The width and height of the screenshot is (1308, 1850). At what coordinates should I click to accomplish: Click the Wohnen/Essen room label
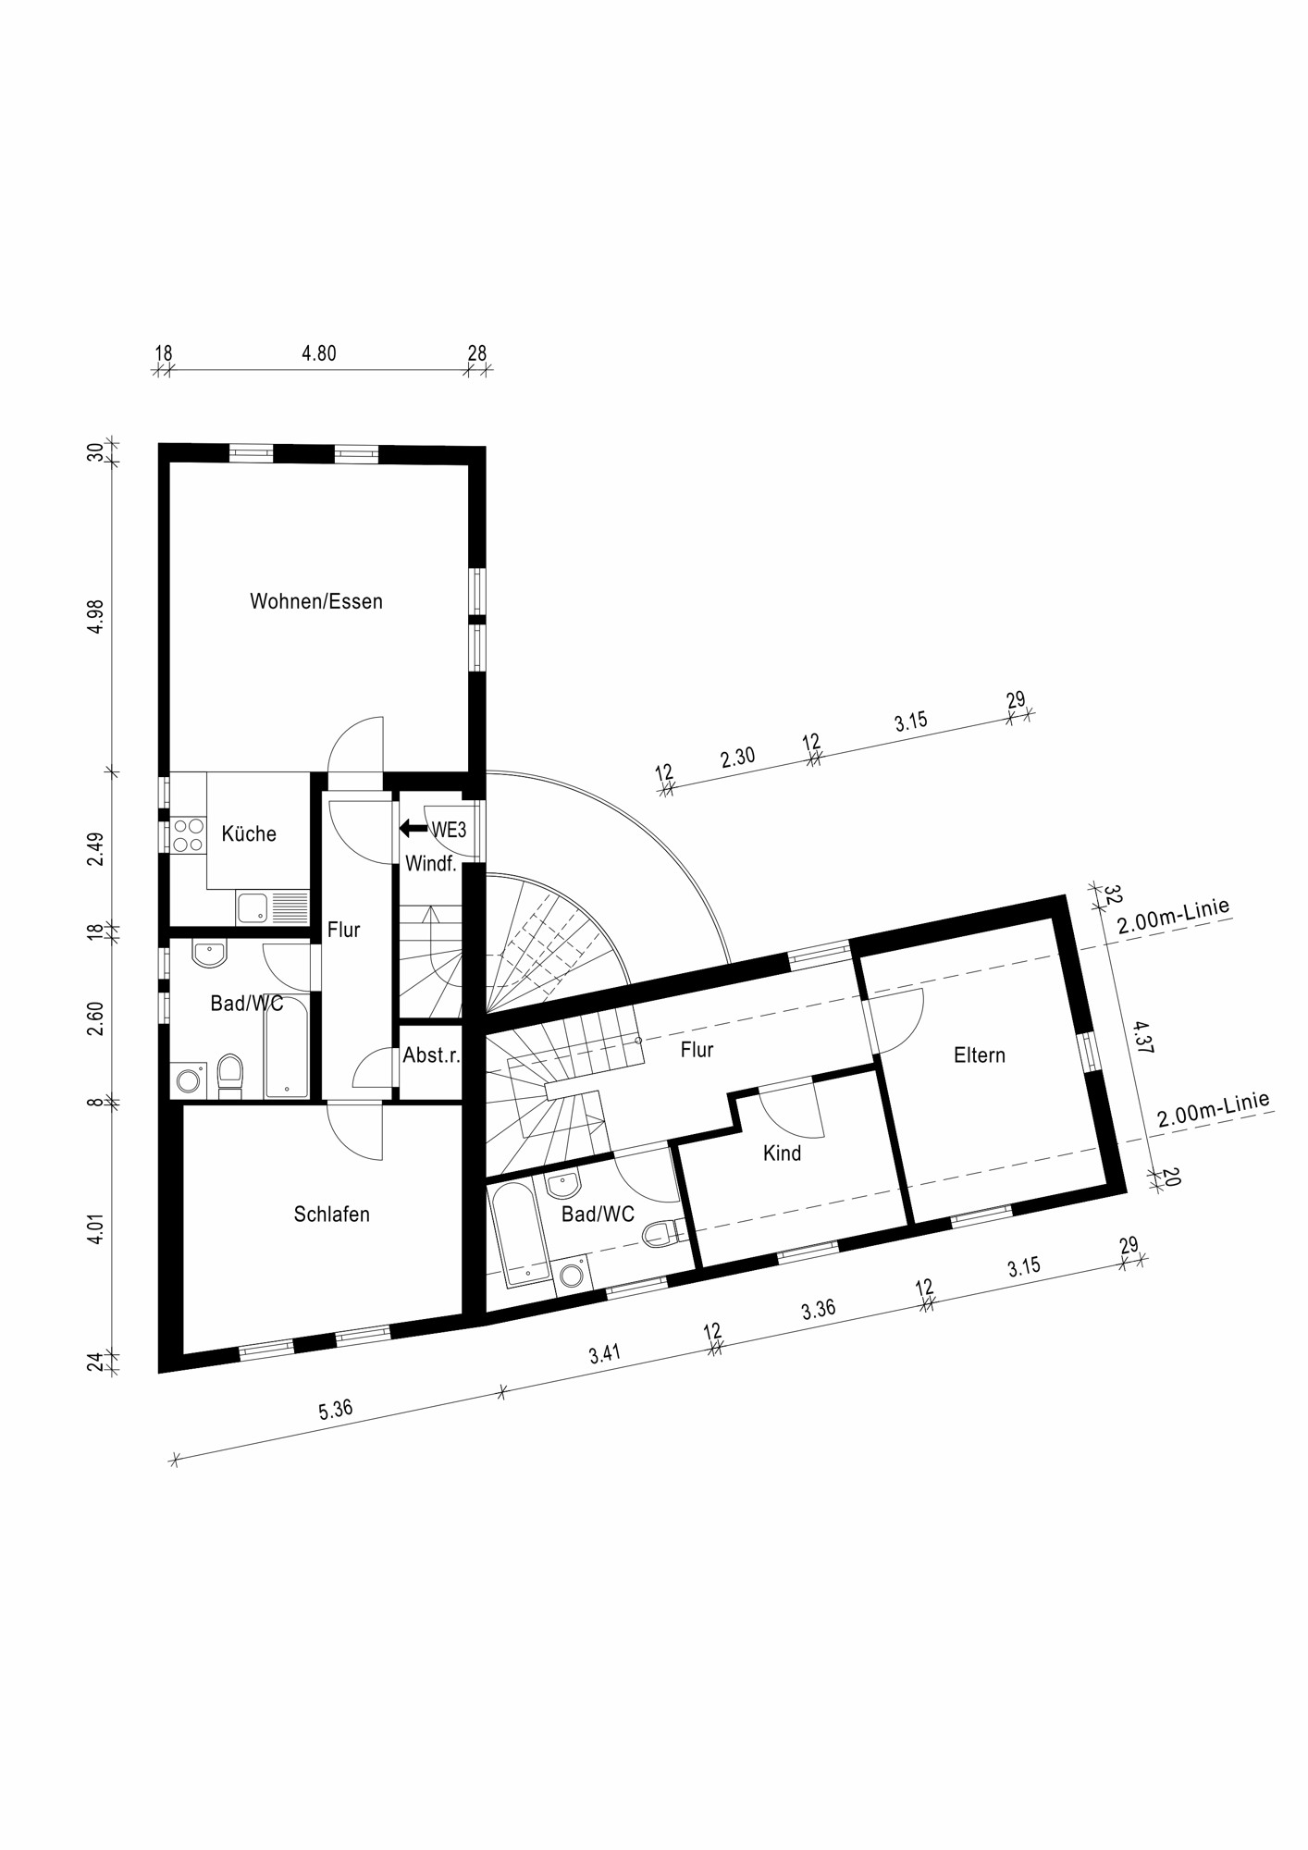tap(315, 601)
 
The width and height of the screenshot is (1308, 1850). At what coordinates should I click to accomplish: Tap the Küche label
tap(249, 833)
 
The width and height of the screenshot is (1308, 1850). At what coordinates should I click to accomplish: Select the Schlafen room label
tap(331, 1215)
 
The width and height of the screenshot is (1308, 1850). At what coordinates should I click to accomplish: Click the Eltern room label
tap(979, 1055)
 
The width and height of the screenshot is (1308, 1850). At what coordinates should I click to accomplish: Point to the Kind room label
tap(782, 1153)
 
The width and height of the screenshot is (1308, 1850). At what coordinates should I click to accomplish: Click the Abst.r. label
tap(431, 1055)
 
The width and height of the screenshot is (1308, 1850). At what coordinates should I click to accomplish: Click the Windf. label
tap(431, 864)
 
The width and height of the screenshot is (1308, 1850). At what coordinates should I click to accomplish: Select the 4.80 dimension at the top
tap(319, 353)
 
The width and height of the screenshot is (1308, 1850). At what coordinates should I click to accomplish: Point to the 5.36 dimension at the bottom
tap(336, 1410)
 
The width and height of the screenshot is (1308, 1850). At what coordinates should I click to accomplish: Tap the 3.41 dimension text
tap(605, 1353)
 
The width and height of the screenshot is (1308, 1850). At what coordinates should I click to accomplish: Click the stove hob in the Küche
tap(189, 835)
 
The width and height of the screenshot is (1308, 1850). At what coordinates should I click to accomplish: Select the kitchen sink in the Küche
tap(251, 908)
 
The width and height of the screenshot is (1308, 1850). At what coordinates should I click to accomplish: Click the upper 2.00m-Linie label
tap(1173, 917)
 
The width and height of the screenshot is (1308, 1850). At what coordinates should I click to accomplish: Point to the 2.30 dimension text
tap(738, 758)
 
